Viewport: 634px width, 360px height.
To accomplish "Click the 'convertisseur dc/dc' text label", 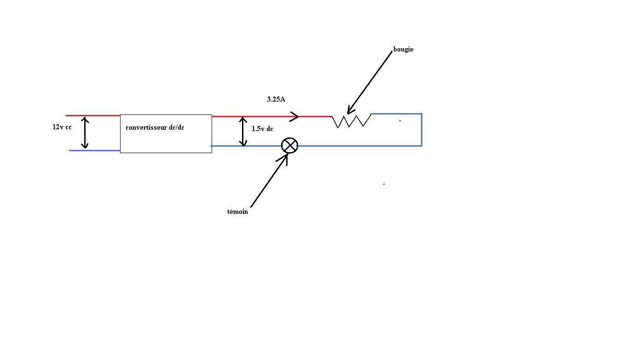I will pyautogui.click(x=155, y=127).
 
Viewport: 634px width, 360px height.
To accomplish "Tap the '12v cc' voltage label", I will pyautogui.click(x=62, y=127).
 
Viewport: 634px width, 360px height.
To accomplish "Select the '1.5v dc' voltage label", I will pyautogui.click(x=262, y=129).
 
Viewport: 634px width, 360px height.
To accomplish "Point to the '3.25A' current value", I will pyautogui.click(x=276, y=99).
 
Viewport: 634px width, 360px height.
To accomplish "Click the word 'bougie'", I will pyautogui.click(x=403, y=49).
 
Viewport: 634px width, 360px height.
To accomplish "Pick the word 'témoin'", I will pyautogui.click(x=237, y=211).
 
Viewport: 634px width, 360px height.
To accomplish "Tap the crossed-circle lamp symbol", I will pyautogui.click(x=289, y=146).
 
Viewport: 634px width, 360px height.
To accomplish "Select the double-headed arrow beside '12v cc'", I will pyautogui.click(x=85, y=132).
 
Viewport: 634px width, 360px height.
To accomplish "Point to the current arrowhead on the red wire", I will pyautogui.click(x=294, y=116).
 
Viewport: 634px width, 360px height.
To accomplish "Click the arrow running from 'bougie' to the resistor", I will pyautogui.click(x=370, y=81).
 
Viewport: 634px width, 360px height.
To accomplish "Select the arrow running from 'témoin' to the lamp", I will pyautogui.click(x=269, y=181).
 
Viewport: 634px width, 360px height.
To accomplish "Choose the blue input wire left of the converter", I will pyautogui.click(x=95, y=150).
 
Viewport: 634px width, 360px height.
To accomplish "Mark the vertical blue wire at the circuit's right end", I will pyautogui.click(x=421, y=130).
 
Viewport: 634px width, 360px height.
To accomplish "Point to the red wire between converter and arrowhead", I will pyautogui.click(x=251, y=116).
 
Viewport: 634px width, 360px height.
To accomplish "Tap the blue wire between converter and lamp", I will pyautogui.click(x=246, y=146).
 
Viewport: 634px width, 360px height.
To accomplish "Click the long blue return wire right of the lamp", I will pyautogui.click(x=359, y=146).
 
